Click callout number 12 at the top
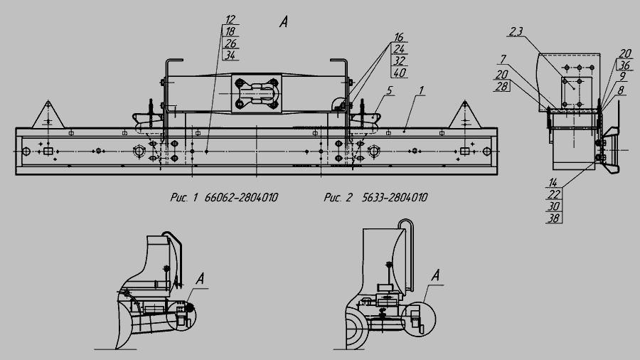pos(230,19)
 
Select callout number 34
pos(230,55)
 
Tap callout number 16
pos(399,37)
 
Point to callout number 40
pos(400,73)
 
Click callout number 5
pos(390,90)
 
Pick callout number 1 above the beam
pos(422,90)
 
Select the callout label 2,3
pos(516,31)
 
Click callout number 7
pos(503,60)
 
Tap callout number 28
pos(501,86)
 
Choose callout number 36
pos(624,65)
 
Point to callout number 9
pos(622,77)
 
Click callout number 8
pos(621,90)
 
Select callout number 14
pos(553,182)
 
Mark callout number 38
pos(553,218)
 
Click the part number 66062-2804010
pos(241,198)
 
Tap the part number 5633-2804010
pos(394,198)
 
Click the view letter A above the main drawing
pos(284,22)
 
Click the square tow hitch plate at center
pos(256,93)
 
